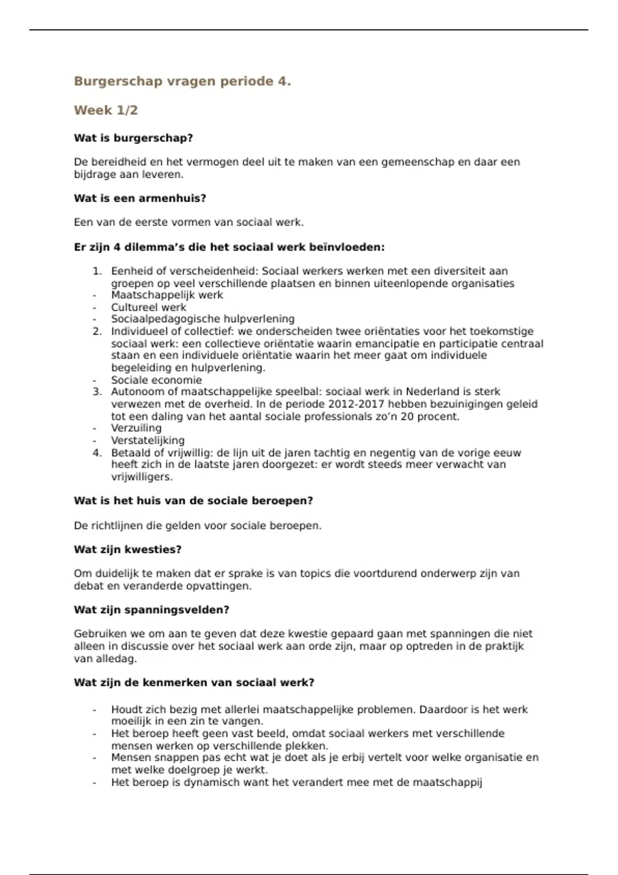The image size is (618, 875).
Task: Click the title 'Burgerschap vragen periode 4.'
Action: [182, 81]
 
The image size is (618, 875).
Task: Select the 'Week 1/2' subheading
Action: [106, 110]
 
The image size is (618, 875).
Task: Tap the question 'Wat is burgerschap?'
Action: [133, 138]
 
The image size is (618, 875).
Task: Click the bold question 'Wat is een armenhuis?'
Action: [140, 198]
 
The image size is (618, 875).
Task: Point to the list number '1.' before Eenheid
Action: [98, 271]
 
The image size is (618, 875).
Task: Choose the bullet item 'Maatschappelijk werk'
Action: [167, 295]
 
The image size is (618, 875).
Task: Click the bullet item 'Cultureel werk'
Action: [148, 307]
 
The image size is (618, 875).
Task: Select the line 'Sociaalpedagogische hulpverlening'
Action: [203, 319]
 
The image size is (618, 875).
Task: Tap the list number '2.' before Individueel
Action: [98, 331]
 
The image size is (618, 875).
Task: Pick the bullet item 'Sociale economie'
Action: [157, 380]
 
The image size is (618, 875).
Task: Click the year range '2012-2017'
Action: [355, 404]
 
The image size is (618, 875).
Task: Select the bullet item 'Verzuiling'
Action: [136, 428]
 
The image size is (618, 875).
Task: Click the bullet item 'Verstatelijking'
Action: [148, 441]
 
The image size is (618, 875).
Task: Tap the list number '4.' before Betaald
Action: [98, 453]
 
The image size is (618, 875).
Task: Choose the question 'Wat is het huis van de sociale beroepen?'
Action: [193, 501]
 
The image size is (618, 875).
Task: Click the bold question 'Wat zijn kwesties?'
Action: [128, 549]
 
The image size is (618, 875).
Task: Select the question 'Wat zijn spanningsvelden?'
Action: [151, 610]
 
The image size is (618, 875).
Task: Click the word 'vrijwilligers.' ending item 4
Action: [142, 477]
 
